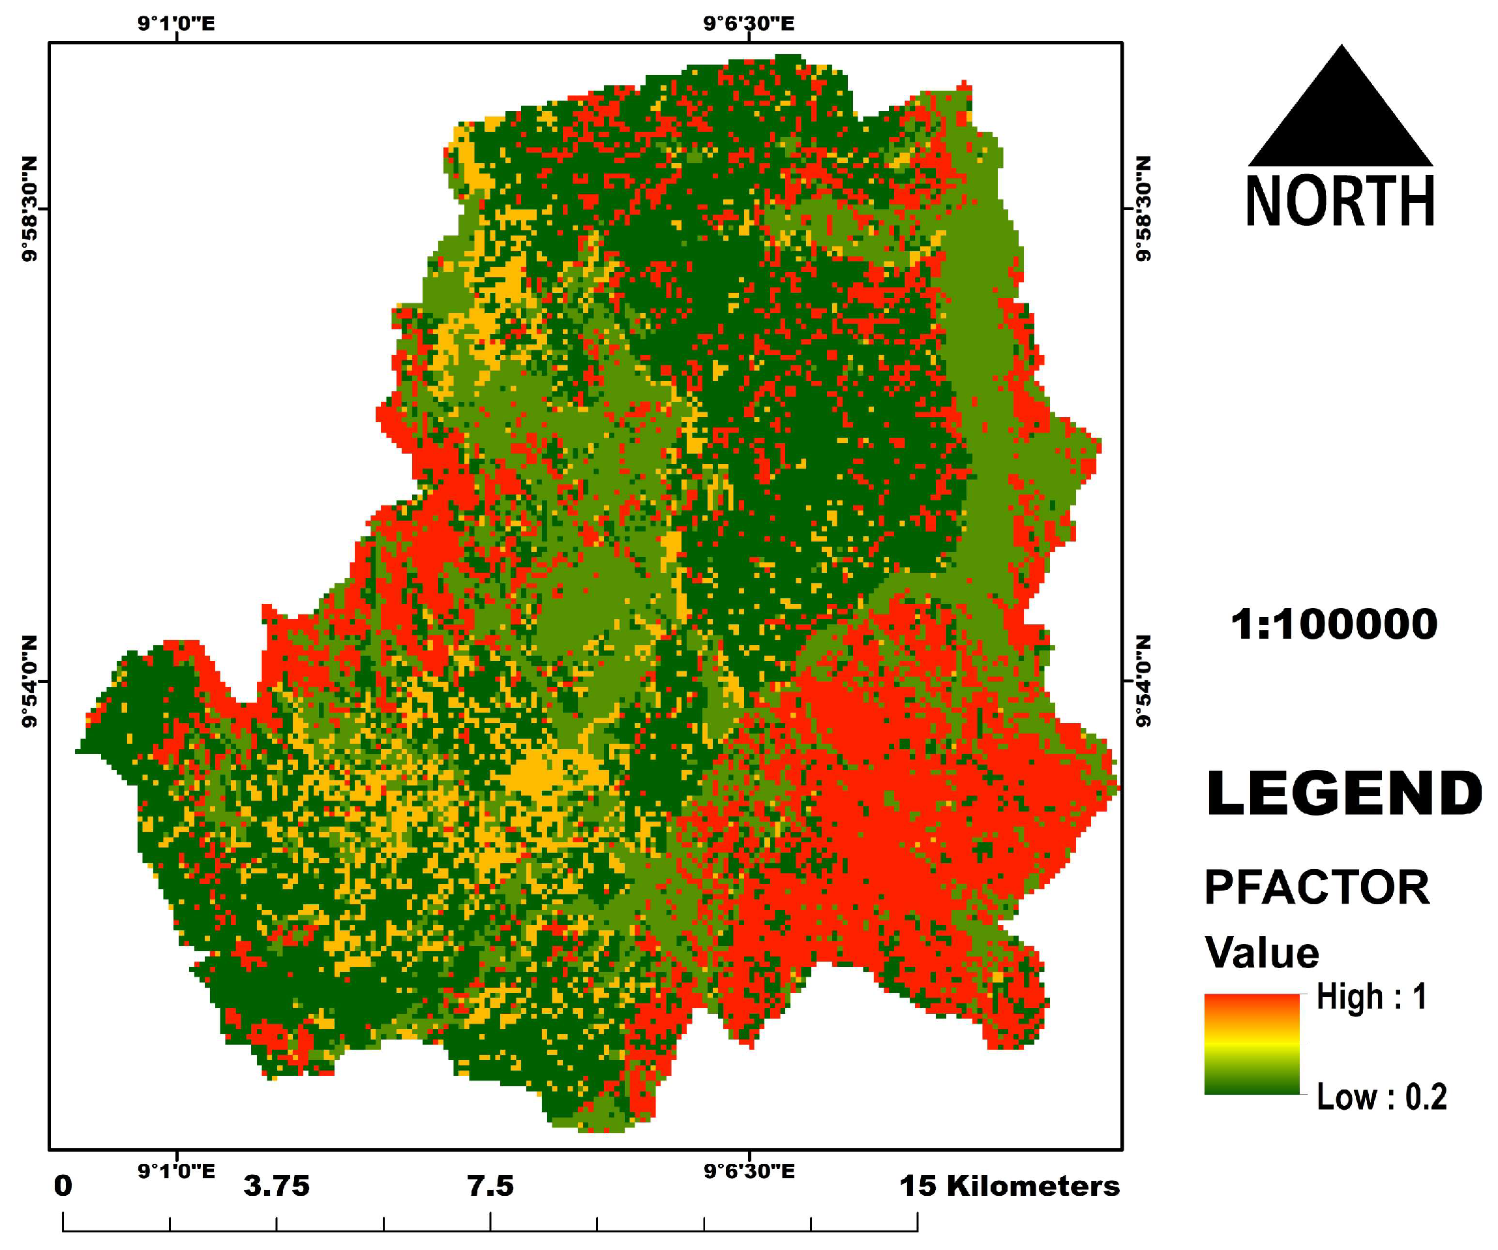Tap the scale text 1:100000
tap(1334, 624)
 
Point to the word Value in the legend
tap(1262, 953)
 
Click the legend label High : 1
tap(1371, 997)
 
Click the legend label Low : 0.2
tap(1381, 1097)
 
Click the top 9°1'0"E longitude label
tap(176, 23)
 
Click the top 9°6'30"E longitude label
tap(748, 23)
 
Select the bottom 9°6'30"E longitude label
tap(749, 1171)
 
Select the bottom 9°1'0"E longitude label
tap(176, 1171)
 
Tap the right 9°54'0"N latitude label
tap(1143, 681)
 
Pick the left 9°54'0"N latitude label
tap(29, 681)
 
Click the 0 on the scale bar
tap(63, 1186)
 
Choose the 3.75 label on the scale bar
tap(276, 1186)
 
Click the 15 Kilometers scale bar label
tap(1010, 1186)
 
